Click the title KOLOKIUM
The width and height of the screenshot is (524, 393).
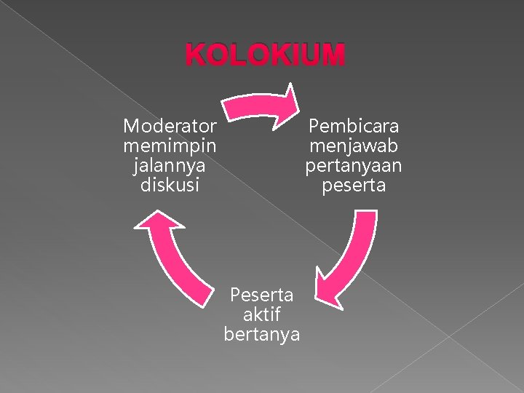coord(265,55)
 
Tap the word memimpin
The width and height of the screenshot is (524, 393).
coord(170,146)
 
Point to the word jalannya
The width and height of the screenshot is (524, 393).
coord(170,166)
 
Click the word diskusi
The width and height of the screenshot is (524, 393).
coord(170,185)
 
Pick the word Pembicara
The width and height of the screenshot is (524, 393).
coord(354,127)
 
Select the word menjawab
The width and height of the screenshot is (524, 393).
coord(354,146)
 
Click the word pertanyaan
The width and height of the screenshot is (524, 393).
coord(354,166)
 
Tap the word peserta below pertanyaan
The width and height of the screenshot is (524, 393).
coord(354,186)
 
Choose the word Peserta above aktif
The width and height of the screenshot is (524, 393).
coord(262,295)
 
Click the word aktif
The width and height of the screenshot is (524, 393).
coord(262,314)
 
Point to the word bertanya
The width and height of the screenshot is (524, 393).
coord(262,334)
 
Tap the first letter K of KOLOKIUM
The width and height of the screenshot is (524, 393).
coord(195,55)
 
